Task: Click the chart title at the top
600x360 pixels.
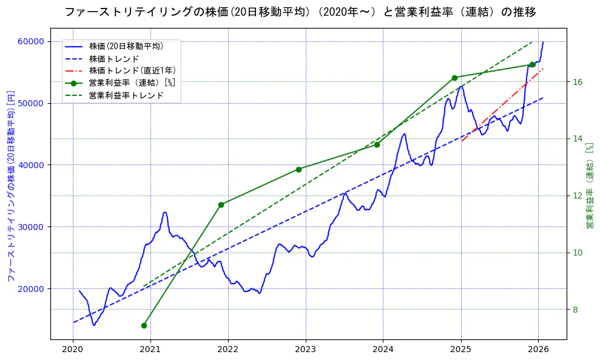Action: tap(300, 12)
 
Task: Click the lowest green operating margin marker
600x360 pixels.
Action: tap(144, 325)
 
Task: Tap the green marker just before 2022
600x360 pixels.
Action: tap(221, 205)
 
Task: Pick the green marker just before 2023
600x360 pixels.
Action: tap(298, 169)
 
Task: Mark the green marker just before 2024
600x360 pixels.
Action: tap(377, 144)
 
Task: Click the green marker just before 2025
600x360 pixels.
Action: tap(454, 78)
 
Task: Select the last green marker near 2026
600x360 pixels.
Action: tap(532, 64)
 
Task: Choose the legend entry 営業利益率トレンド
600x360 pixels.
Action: tap(126, 95)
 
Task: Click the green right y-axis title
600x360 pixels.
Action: tap(589, 186)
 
